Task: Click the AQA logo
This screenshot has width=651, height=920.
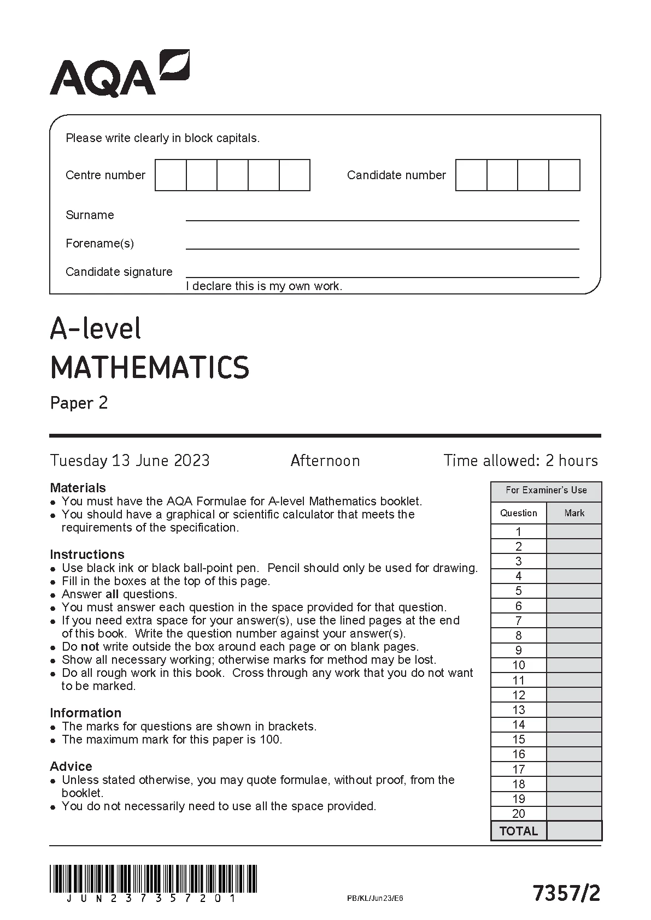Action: pyautogui.click(x=119, y=74)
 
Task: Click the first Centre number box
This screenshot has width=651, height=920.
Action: pyautogui.click(x=171, y=175)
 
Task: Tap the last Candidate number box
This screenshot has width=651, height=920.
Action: pyautogui.click(x=564, y=175)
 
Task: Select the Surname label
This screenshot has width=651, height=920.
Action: pyautogui.click(x=90, y=215)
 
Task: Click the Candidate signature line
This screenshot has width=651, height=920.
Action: pyautogui.click(x=382, y=276)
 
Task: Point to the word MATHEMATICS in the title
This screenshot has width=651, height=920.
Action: pyautogui.click(x=150, y=367)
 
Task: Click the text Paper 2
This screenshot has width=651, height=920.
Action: pyautogui.click(x=79, y=403)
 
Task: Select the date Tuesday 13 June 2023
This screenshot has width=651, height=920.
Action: pyautogui.click(x=130, y=461)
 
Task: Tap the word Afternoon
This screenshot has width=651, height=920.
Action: pyautogui.click(x=325, y=461)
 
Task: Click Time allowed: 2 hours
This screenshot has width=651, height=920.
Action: pyautogui.click(x=520, y=461)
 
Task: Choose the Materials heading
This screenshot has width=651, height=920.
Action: pyautogui.click(x=78, y=488)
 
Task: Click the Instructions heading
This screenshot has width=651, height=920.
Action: pyautogui.click(x=87, y=555)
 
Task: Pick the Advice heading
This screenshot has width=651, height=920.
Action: pyautogui.click(x=71, y=766)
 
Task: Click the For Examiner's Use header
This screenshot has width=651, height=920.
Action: pyautogui.click(x=546, y=491)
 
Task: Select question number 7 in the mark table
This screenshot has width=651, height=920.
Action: pyautogui.click(x=519, y=621)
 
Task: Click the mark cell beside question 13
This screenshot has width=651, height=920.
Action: pyautogui.click(x=574, y=710)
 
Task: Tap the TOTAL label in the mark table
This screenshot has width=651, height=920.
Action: pyautogui.click(x=519, y=831)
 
